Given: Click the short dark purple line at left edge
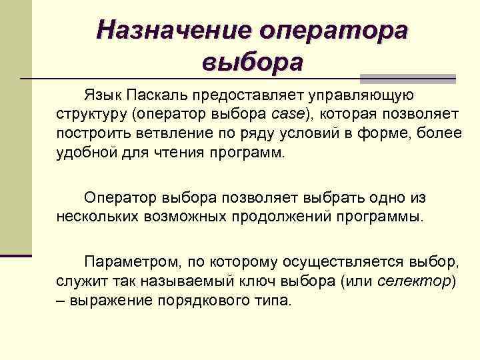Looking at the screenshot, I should click(16, 255).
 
